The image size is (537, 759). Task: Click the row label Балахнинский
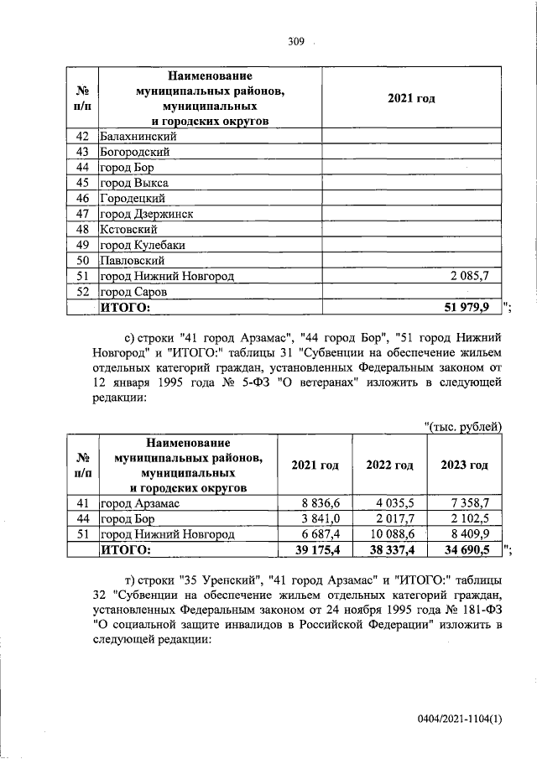tap(138, 137)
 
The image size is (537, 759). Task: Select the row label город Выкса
tap(134, 183)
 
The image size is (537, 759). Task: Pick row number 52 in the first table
tap(82, 292)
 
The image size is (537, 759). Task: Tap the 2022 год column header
tap(390, 465)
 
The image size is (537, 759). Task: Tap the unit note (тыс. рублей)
tap(463, 428)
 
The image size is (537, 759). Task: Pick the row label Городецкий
tap(132, 199)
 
